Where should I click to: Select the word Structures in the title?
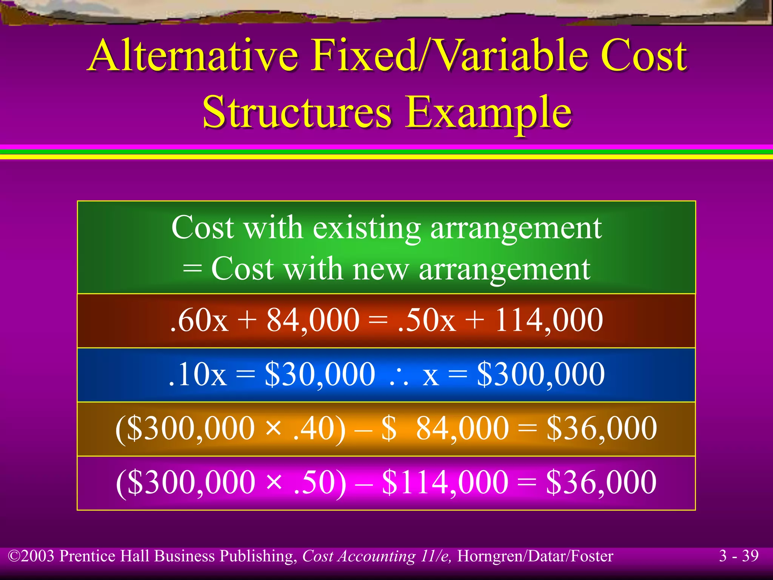coord(297,112)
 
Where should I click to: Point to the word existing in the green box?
coord(366,228)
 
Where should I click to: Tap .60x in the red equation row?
coord(199,320)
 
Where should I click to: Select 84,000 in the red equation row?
coord(313,320)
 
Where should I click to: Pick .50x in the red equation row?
coord(427,320)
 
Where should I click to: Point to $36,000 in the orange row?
coord(602,429)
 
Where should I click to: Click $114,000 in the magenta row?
coord(445,483)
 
